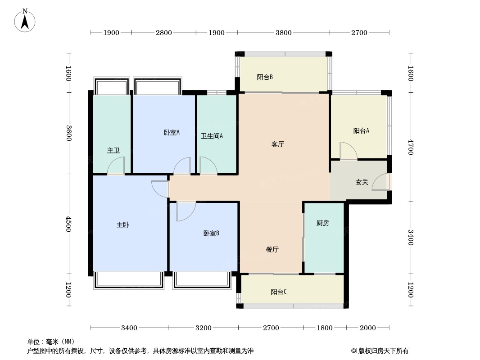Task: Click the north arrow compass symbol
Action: pyautogui.click(x=25, y=20)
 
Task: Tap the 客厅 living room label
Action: pyautogui.click(x=278, y=144)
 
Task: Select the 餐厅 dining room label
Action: pyautogui.click(x=272, y=249)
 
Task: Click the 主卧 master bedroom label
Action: pyautogui.click(x=123, y=225)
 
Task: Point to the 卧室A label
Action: pyautogui.click(x=172, y=132)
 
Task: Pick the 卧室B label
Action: pyautogui.click(x=211, y=234)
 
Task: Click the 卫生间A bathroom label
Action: pyautogui.click(x=212, y=136)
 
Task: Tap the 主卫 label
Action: pyautogui.click(x=113, y=150)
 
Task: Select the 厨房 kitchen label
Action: pyautogui.click(x=323, y=223)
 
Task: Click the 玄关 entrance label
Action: pyautogui.click(x=362, y=182)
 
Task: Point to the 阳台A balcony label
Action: pyautogui.click(x=361, y=130)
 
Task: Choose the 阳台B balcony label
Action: pyautogui.click(x=265, y=77)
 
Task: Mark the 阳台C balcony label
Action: pyautogui.click(x=279, y=292)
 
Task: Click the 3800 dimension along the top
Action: pyautogui.click(x=284, y=32)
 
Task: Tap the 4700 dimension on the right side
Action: pyautogui.click(x=411, y=147)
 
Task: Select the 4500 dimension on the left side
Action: pyautogui.click(x=68, y=224)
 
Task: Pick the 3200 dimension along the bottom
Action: pyautogui.click(x=203, y=328)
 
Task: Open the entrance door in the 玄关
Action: pyautogui.click(x=381, y=182)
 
